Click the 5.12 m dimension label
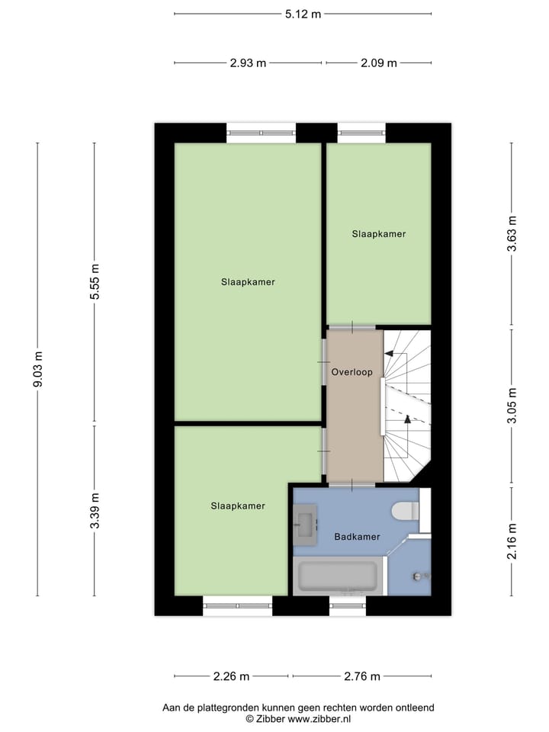pos(303,14)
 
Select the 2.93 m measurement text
pos(248,63)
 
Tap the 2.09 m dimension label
pos(379,63)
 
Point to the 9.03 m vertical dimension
pos(37,369)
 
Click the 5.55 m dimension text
pos(95,282)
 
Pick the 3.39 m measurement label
pos(95,512)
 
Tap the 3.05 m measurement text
pos(512,406)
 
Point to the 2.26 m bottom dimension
pos(231,676)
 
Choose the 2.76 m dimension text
pos(361,676)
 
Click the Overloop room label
pos(352,373)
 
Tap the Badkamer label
pos(357,537)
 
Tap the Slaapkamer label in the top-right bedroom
pos(379,234)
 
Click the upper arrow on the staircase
pos(390,354)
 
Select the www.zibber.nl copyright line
pos(297,719)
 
